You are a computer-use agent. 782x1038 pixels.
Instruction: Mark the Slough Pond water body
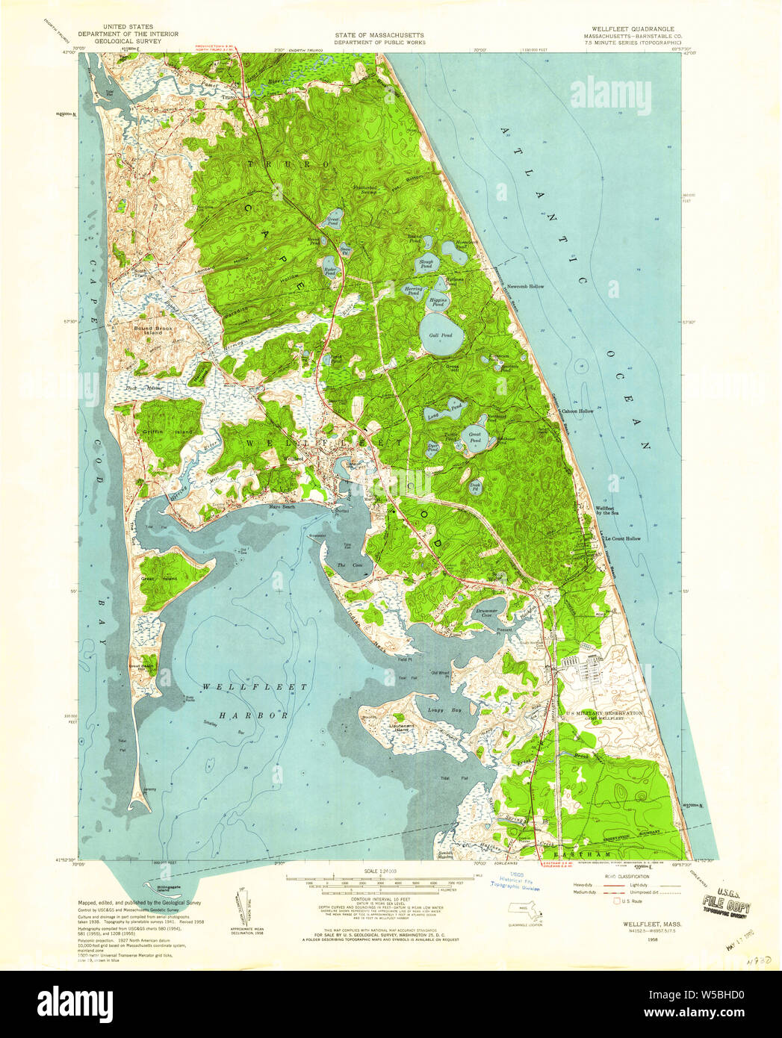tap(427, 264)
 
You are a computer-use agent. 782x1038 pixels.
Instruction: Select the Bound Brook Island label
tap(153, 328)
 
